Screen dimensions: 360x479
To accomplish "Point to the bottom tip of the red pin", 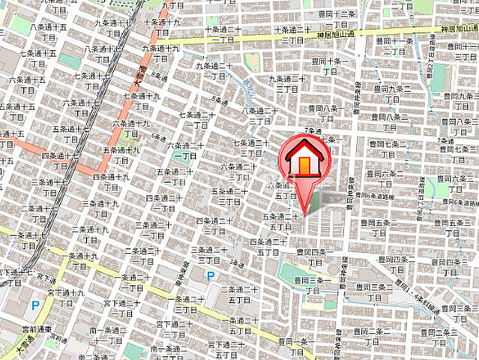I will pyautogui.click(x=304, y=213).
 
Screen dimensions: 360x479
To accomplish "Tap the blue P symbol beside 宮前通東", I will pyautogui.click(x=34, y=305).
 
